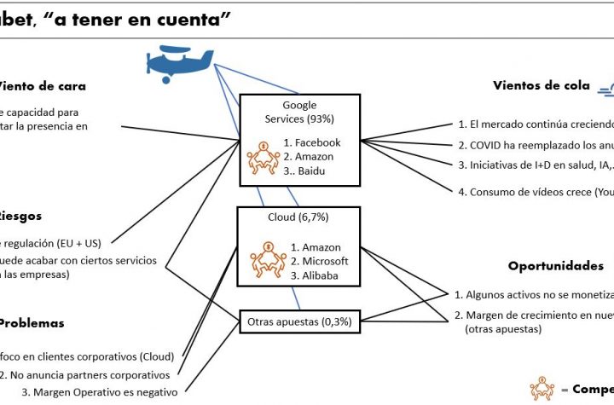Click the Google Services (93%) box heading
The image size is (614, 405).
(x=298, y=112)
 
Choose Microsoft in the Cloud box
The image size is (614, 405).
(x=320, y=261)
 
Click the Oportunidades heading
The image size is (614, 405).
(x=555, y=266)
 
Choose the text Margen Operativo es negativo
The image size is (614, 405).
(x=100, y=392)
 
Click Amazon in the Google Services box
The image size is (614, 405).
(x=311, y=157)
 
